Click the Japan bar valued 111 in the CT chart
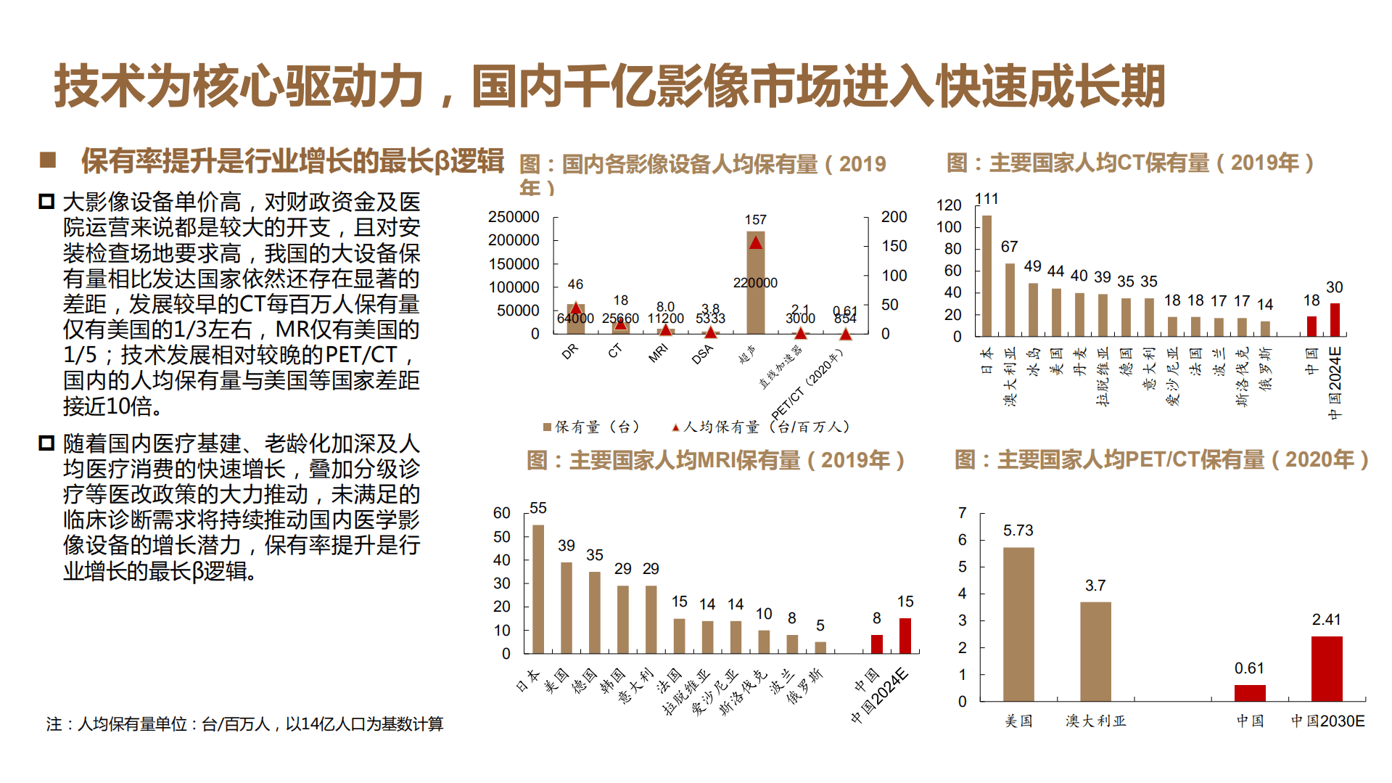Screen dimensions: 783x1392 point(987,276)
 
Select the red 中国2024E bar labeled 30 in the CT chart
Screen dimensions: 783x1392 point(1335,320)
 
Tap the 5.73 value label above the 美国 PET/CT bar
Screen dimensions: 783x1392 point(1018,530)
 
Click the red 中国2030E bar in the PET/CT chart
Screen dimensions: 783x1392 point(1327,668)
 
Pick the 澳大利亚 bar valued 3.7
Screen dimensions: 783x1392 point(1095,651)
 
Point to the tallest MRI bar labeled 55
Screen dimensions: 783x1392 point(538,589)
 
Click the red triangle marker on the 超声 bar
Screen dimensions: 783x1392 point(756,243)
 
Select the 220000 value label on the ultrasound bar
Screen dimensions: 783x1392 point(755,283)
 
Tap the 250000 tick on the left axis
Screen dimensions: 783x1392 point(514,217)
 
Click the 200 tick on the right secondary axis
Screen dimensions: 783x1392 point(894,217)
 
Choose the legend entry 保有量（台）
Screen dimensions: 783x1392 point(591,427)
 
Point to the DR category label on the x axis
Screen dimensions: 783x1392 point(569,351)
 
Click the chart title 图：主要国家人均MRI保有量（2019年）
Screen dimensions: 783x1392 point(715,460)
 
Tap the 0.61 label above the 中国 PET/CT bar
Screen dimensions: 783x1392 point(1249,668)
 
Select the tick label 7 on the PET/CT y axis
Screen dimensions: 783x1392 point(962,513)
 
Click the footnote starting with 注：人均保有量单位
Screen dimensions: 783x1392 point(244,723)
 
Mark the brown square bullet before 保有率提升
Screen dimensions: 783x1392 point(48,160)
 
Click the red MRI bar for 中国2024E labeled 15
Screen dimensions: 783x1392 point(905,636)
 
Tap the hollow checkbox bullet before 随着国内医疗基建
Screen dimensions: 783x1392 point(46,443)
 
